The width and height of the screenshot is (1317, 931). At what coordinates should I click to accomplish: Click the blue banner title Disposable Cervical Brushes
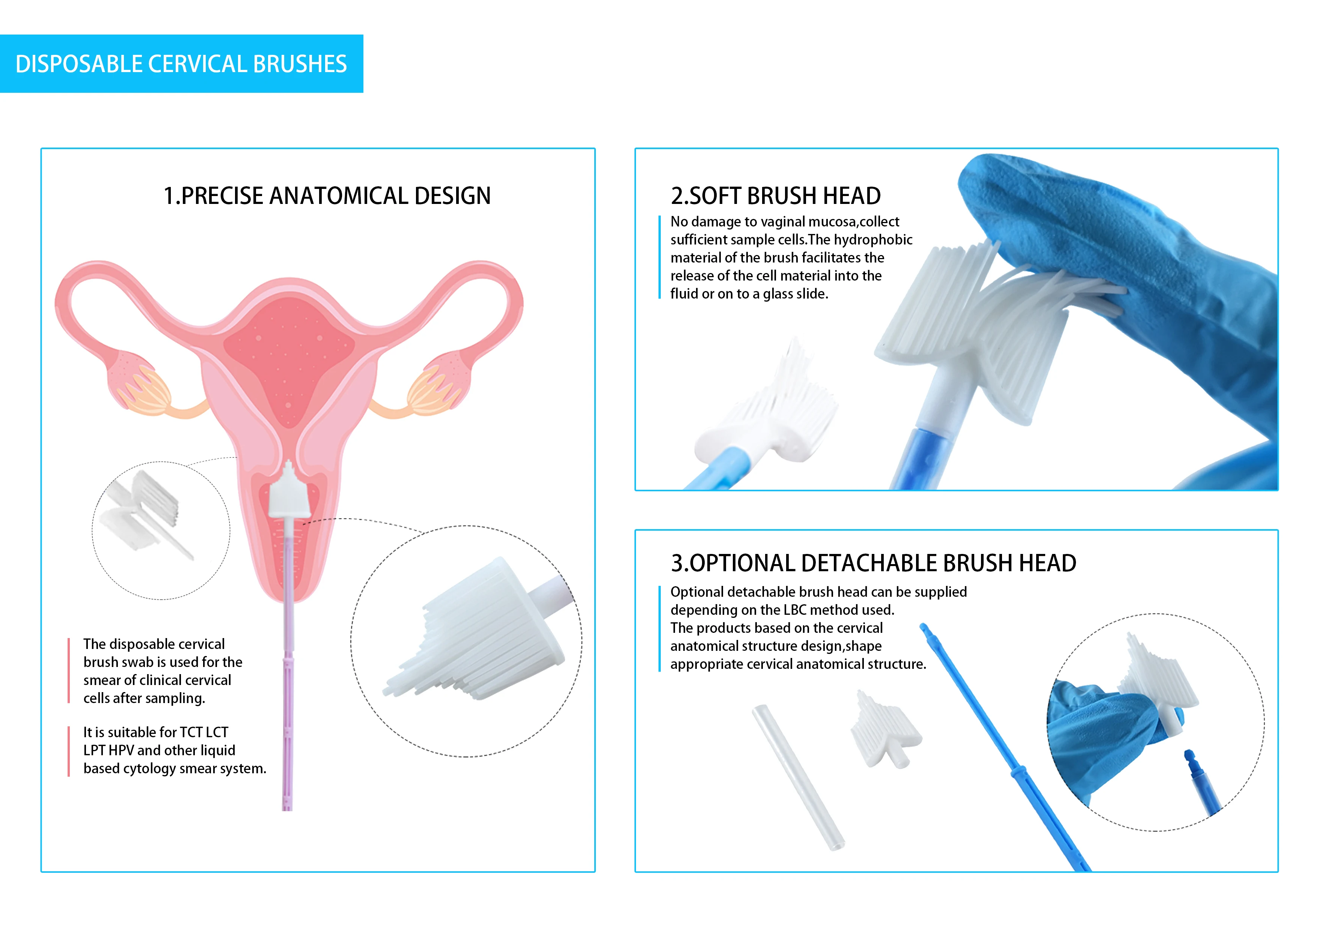coord(181,64)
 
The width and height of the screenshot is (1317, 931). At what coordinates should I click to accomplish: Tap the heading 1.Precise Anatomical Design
coord(327,196)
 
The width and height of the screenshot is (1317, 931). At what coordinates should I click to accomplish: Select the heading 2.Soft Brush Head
coord(776,196)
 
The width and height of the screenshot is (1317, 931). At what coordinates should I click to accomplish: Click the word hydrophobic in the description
coord(873,240)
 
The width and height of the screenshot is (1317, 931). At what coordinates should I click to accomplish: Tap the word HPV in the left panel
coord(121,750)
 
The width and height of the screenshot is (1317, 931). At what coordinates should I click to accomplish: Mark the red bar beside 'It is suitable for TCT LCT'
coord(69,751)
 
